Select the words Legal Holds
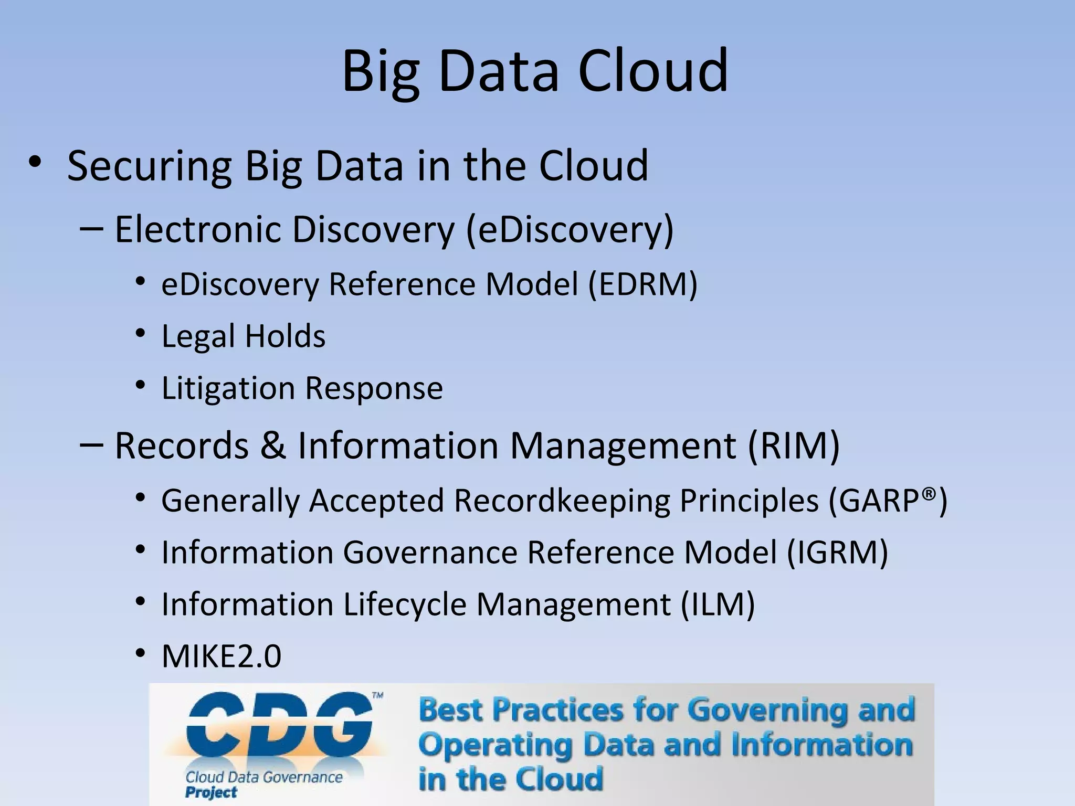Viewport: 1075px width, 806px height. (243, 336)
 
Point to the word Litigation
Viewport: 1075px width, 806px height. (228, 388)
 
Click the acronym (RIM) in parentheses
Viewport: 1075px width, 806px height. (793, 446)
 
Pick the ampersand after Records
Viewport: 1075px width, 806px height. (273, 446)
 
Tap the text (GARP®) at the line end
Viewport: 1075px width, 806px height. (888, 500)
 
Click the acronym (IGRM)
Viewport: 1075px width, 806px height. (837, 552)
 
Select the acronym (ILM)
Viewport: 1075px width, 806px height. (718, 604)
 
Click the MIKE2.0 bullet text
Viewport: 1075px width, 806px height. (221, 656)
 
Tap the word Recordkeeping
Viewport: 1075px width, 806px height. (562, 500)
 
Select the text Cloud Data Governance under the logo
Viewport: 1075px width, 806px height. (264, 777)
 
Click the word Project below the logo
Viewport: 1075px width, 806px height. (211, 792)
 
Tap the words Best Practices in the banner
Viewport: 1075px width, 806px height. (520, 710)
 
